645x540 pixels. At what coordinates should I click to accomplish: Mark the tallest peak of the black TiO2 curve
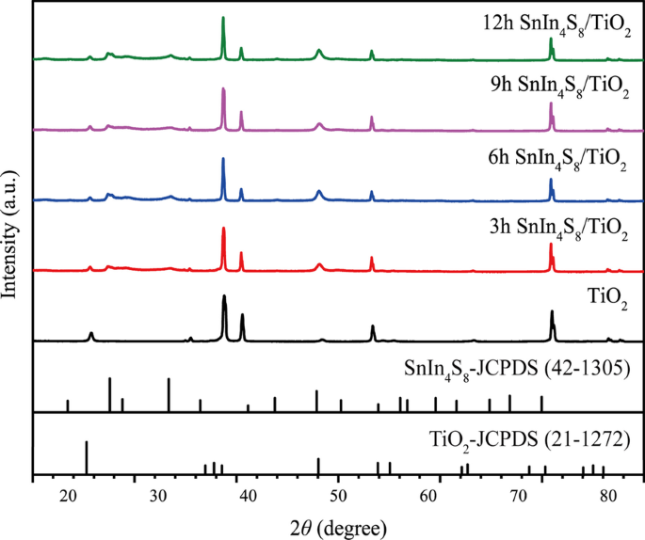click(x=224, y=296)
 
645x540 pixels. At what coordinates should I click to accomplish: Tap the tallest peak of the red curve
click(x=223, y=229)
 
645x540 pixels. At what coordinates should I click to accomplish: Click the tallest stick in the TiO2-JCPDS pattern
click(x=87, y=442)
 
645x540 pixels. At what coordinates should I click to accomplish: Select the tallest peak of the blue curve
click(x=223, y=158)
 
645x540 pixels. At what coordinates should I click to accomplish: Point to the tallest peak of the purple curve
click(x=223, y=88)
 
